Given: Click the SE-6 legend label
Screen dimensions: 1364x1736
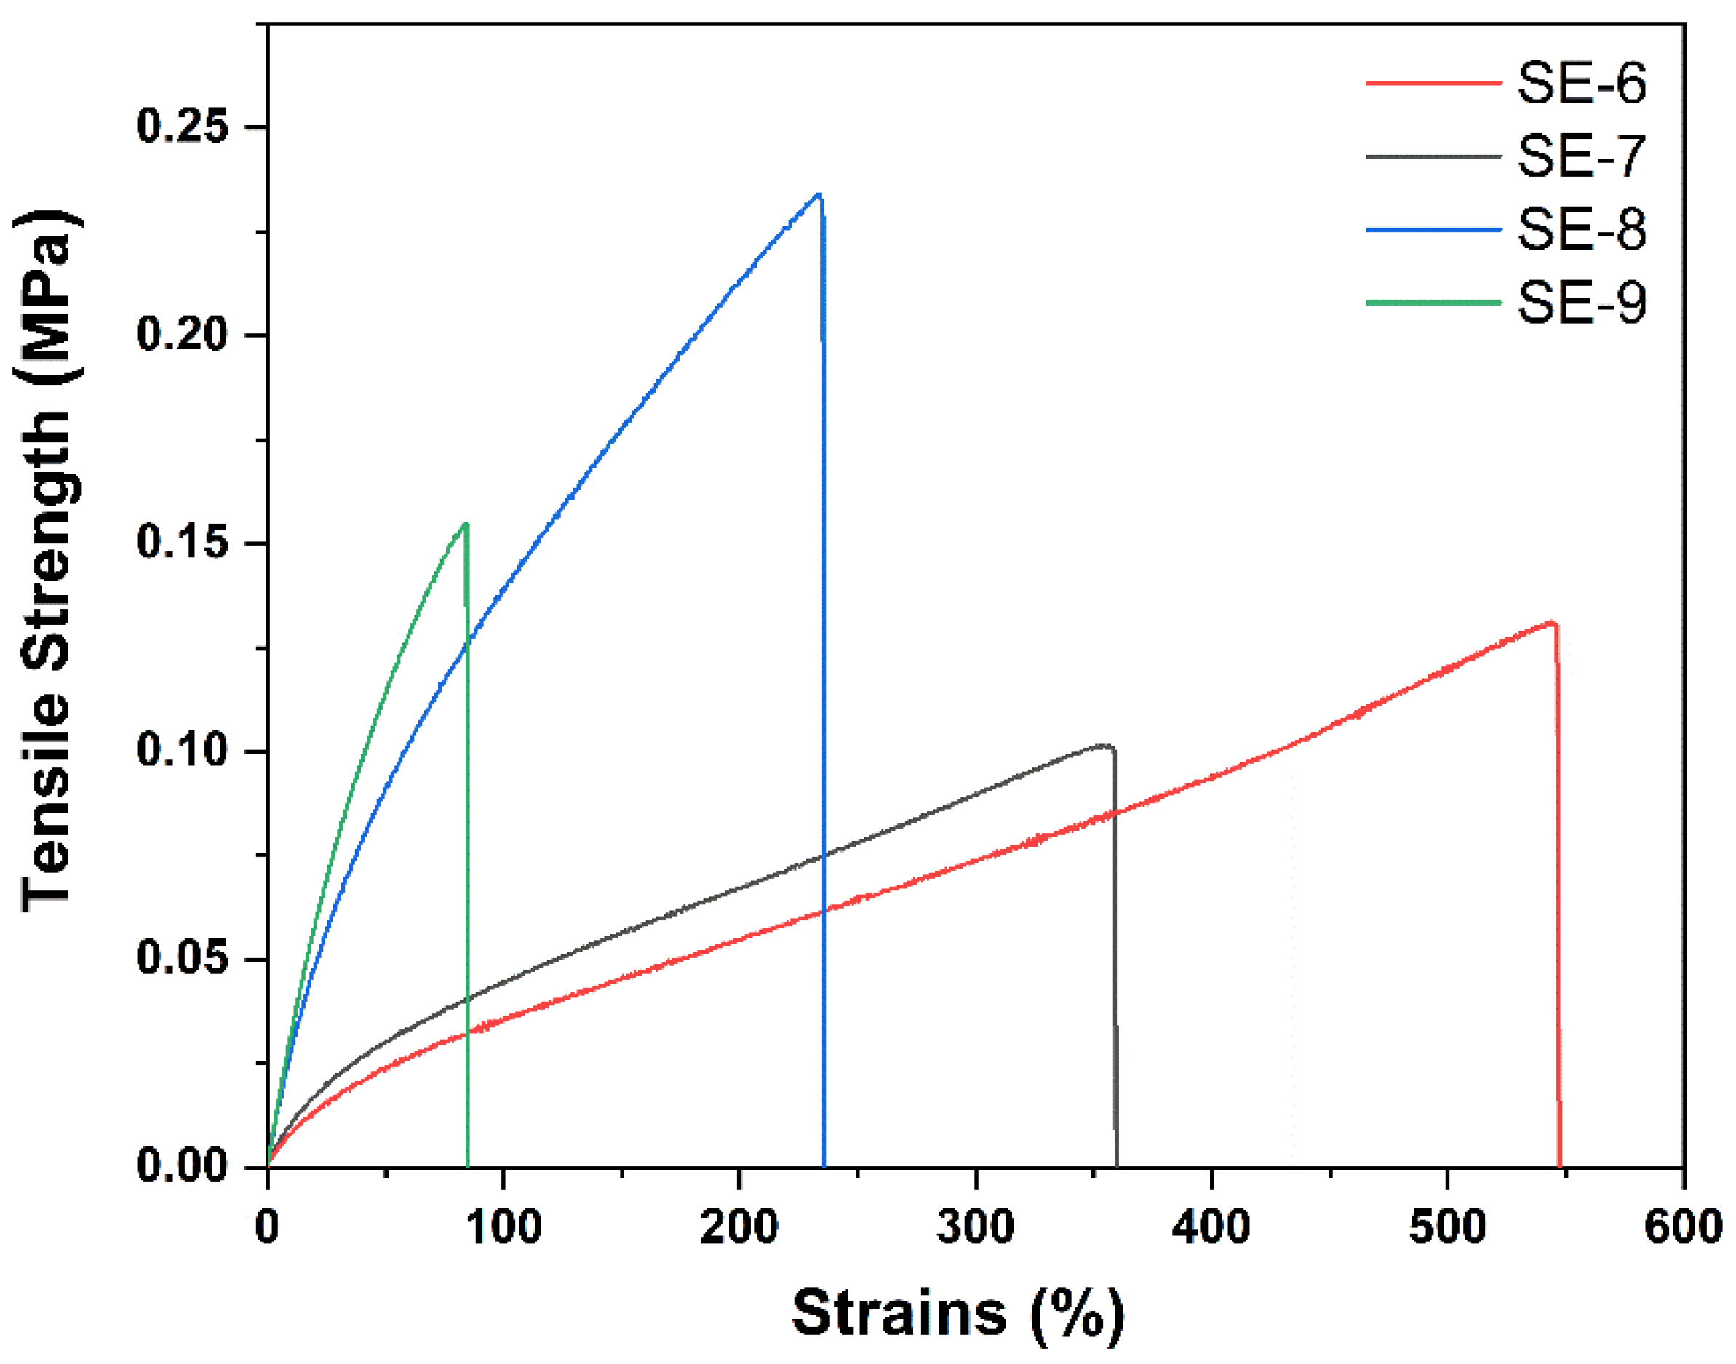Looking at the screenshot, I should pyautogui.click(x=1580, y=83).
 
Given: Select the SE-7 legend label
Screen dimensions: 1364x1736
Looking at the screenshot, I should pyautogui.click(x=1580, y=156).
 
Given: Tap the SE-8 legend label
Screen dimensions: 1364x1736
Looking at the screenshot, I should pyautogui.click(x=1580, y=230).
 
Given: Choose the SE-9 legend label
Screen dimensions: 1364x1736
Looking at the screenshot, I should pyautogui.click(x=1580, y=303).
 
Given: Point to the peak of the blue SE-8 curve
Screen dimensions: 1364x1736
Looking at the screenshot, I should pyautogui.click(x=819, y=194).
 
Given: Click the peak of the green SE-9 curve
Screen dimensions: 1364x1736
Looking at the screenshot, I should pyautogui.click(x=466, y=524).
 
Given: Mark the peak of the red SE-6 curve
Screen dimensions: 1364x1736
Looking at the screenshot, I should pyautogui.click(x=1551, y=622).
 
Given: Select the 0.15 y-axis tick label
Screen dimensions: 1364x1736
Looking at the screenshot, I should pyautogui.click(x=183, y=542).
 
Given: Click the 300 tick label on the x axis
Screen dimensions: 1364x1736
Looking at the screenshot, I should pyautogui.click(x=975, y=1227).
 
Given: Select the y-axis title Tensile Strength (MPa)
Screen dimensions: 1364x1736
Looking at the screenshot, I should pyautogui.click(x=48, y=559).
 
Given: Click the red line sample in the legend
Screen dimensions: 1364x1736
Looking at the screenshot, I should pyautogui.click(x=1433, y=83).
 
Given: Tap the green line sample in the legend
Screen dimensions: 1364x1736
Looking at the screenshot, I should pyautogui.click(x=1433, y=303).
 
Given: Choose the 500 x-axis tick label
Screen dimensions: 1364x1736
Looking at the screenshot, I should pyautogui.click(x=1447, y=1227).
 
